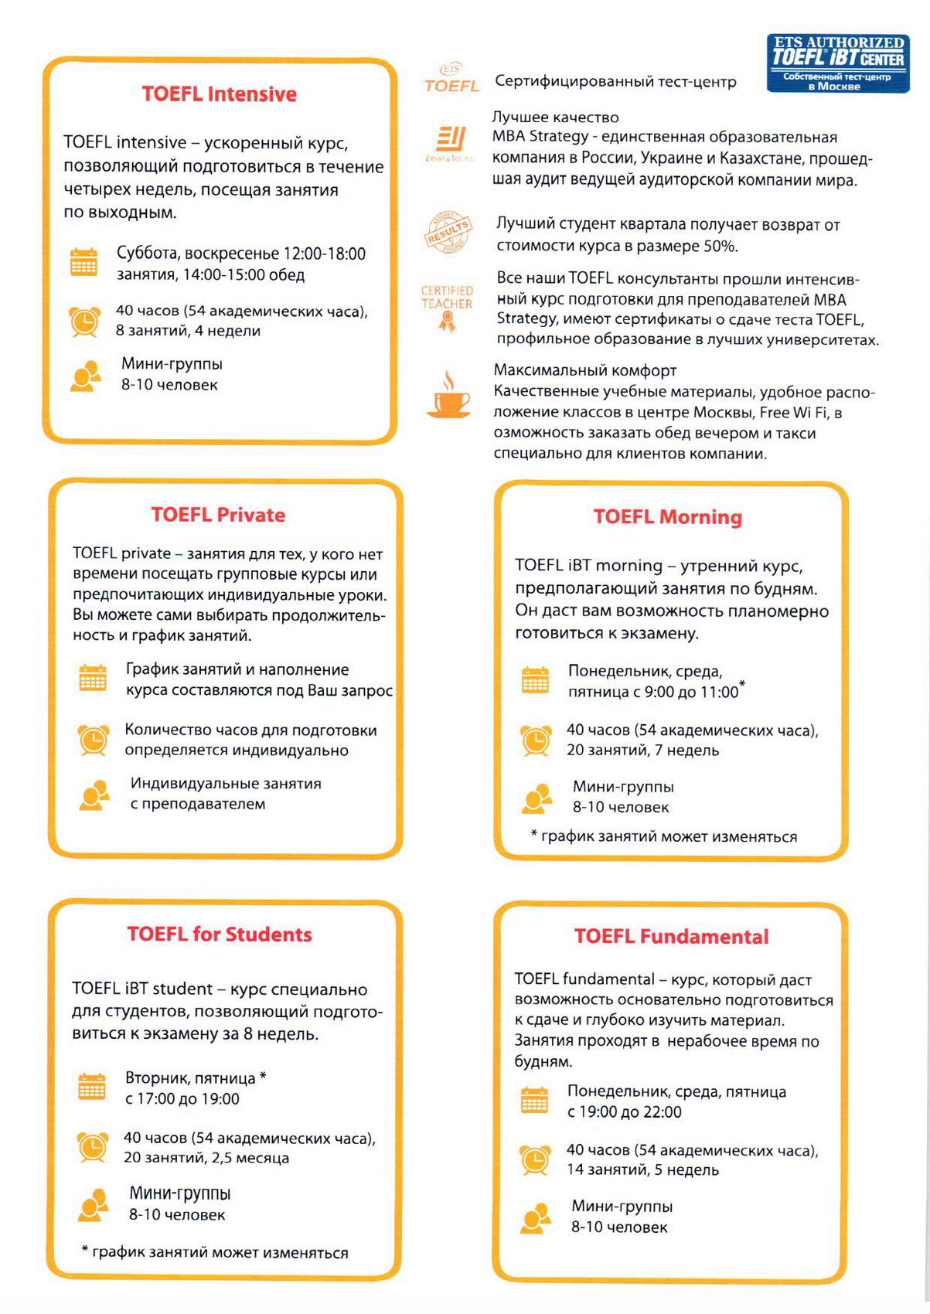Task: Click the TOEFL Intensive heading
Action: [219, 94]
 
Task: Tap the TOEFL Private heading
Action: [218, 515]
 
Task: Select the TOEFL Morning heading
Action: [667, 517]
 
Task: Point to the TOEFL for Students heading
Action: [220, 934]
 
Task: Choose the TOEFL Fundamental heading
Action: [671, 937]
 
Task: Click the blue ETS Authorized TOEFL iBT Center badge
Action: [838, 63]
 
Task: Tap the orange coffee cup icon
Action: [448, 396]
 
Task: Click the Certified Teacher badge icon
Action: [447, 308]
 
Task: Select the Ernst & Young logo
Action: [449, 142]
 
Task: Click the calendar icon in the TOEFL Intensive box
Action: [83, 262]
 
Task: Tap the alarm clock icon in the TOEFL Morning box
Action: [535, 740]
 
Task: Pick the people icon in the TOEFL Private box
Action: [94, 795]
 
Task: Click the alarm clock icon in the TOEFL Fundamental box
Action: [535, 1159]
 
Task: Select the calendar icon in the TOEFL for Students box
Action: [92, 1087]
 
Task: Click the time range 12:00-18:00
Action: [325, 254]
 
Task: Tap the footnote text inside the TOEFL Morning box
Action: [664, 836]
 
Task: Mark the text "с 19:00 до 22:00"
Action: [624, 1112]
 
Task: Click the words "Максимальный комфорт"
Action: [585, 370]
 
